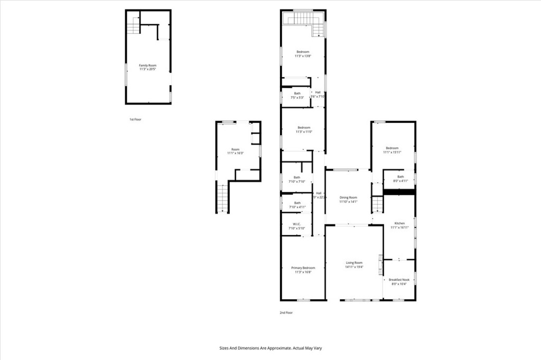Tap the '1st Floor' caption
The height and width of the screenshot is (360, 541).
[x=135, y=119]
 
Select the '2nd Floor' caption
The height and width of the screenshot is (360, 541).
[x=286, y=312]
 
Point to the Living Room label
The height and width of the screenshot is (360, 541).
[x=354, y=264]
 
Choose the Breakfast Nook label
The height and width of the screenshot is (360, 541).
[x=399, y=281]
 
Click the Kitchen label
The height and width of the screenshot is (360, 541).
[x=398, y=225]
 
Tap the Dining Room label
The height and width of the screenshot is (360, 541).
[x=348, y=199]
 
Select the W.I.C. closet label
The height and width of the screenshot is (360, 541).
[x=297, y=226]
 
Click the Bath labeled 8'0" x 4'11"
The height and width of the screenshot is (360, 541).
[x=400, y=179]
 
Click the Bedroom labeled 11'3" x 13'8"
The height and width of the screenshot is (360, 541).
[x=303, y=53]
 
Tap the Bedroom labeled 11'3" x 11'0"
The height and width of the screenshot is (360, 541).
[x=303, y=129]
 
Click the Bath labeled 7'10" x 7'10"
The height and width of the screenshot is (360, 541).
[x=297, y=179]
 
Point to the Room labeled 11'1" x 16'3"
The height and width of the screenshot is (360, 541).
[x=235, y=151]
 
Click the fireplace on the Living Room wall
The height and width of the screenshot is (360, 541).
[x=380, y=265]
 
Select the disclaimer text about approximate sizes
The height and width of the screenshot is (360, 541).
[x=270, y=348]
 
